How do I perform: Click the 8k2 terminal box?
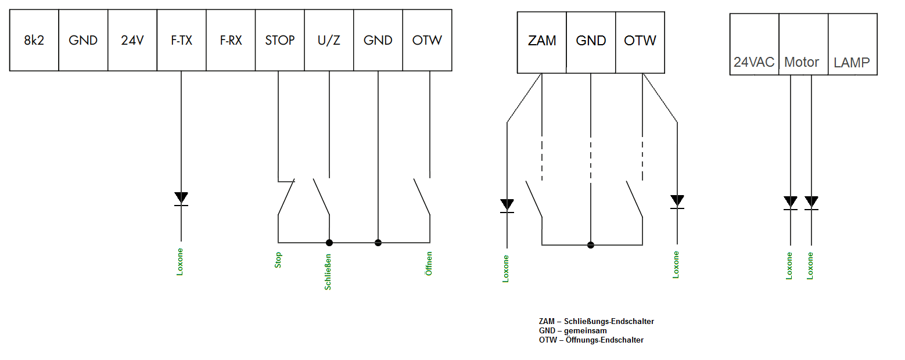coord(34,40)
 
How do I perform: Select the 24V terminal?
coord(132,40)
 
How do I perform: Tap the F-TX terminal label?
coord(181,40)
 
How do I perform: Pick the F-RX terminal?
coord(231,40)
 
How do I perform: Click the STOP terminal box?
coord(279,40)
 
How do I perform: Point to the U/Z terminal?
coord(329,40)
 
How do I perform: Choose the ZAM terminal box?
coord(542,42)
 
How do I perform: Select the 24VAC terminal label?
coord(754,62)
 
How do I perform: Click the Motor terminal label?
coord(802,62)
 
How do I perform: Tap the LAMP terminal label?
coord(852,63)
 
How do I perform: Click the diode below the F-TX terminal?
coord(181,199)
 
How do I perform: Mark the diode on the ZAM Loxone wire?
coord(507,206)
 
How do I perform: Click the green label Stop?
coord(278,260)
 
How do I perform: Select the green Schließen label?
coord(328,272)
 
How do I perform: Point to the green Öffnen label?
coord(429,264)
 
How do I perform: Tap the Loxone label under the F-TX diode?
coord(180,262)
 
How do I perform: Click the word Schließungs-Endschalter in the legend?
coord(609,321)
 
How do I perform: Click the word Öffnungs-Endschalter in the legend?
coord(605,340)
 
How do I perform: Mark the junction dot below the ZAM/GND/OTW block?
coord(591,245)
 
